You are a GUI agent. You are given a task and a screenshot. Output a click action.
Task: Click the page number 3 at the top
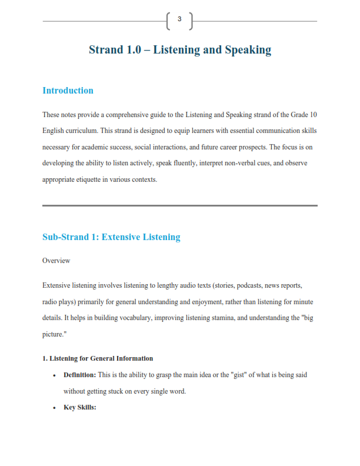pos(179,19)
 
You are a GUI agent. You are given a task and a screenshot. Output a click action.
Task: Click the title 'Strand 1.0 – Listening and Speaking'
pos(180,49)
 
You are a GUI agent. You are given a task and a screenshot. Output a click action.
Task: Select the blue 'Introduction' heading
pos(68,91)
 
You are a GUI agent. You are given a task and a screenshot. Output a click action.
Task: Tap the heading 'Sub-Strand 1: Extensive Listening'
pos(111,237)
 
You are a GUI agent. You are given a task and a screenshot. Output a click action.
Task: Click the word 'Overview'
pos(56,260)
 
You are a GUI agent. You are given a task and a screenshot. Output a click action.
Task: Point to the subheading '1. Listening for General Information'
pos(98,358)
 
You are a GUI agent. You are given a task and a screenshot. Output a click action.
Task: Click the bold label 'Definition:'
pos(79,375)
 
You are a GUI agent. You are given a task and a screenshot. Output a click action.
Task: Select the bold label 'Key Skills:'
pos(79,407)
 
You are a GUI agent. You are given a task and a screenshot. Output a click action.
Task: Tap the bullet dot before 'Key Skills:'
pos(54,408)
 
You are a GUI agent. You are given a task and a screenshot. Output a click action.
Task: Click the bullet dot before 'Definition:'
pos(54,375)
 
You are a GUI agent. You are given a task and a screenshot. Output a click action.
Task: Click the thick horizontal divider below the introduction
pos(180,205)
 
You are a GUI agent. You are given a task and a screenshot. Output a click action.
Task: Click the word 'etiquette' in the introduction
pos(98,179)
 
